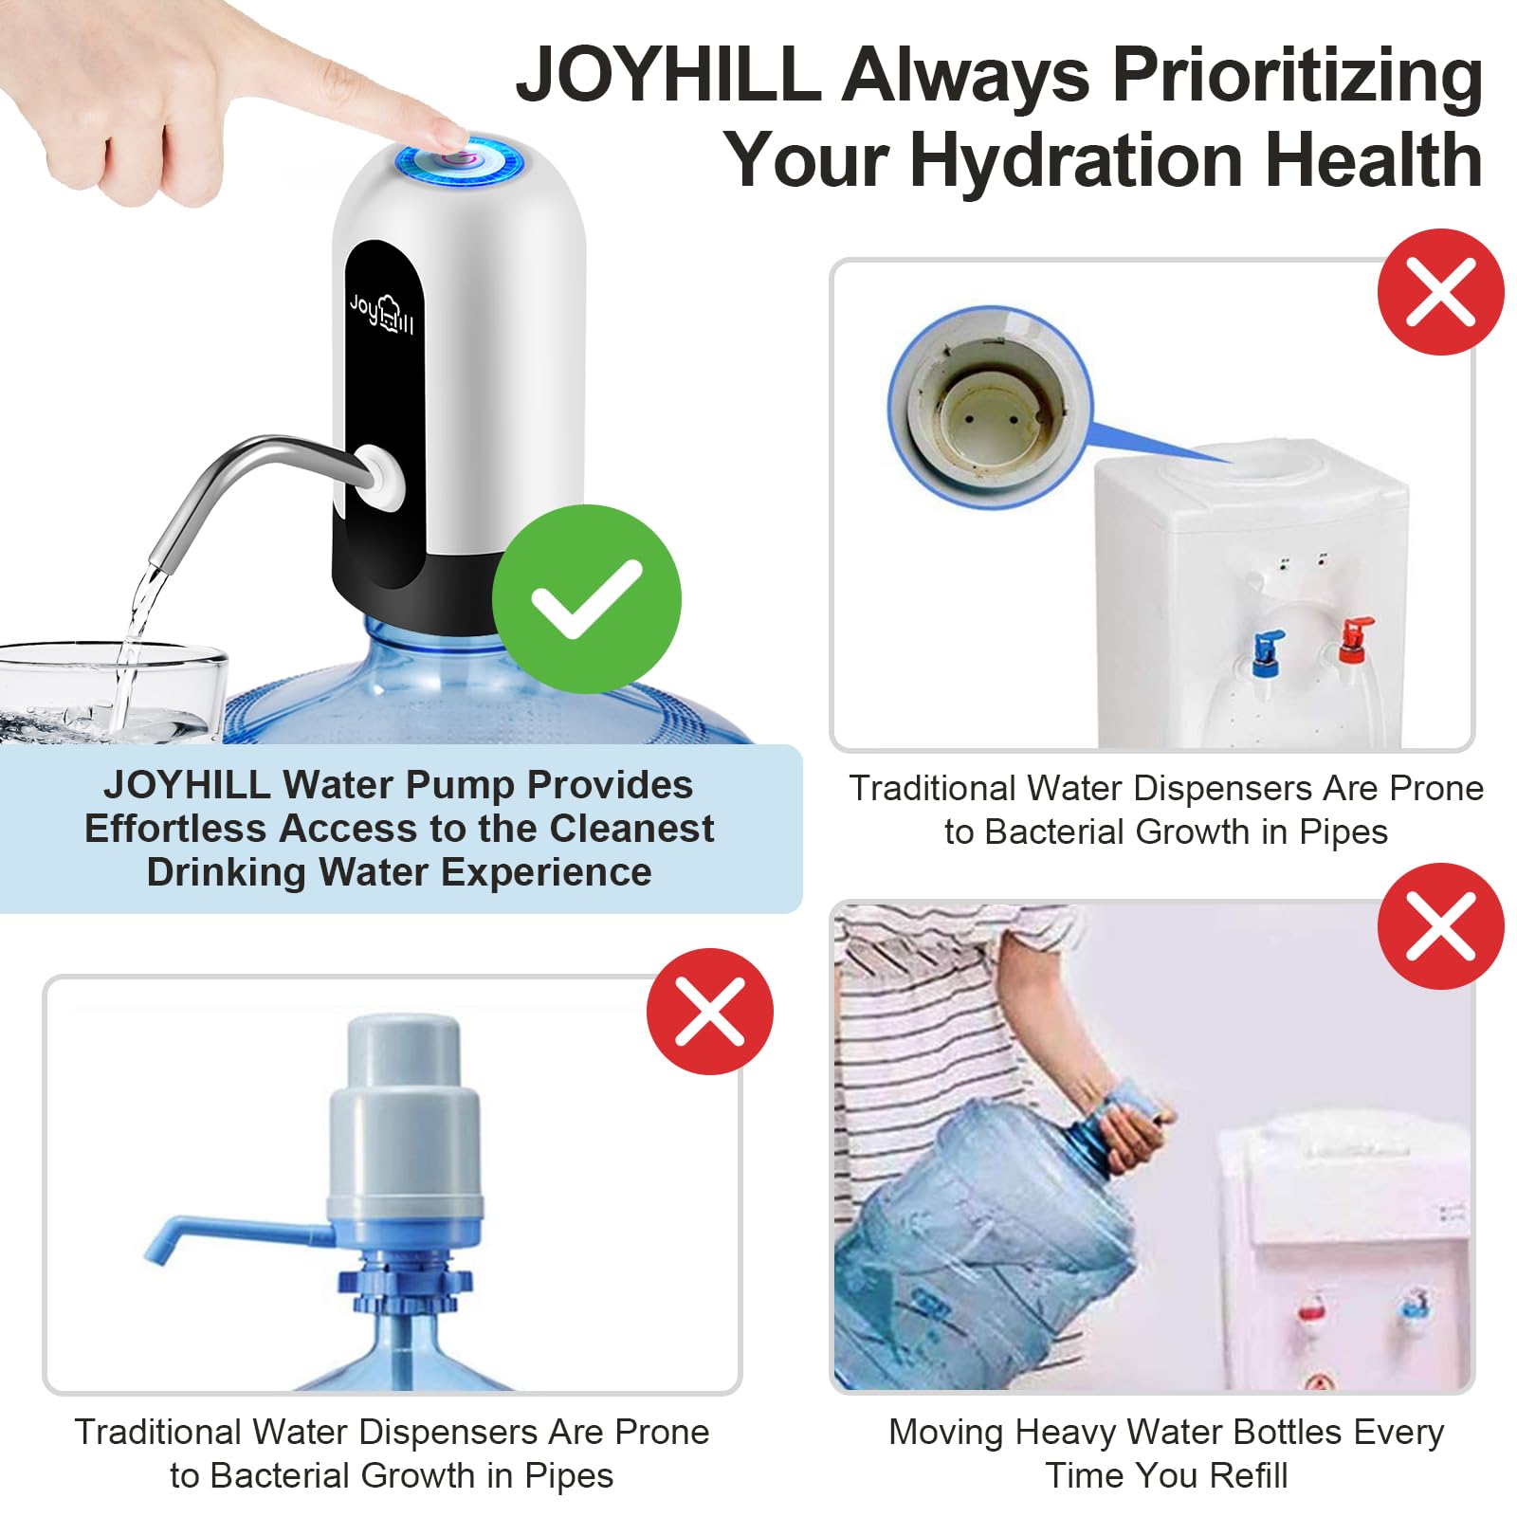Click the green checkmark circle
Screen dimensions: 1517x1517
[x=586, y=599]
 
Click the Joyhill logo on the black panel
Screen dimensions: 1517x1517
[x=381, y=314]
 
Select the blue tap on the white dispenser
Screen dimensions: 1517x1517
[x=1267, y=650]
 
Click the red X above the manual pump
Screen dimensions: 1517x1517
[x=709, y=1011]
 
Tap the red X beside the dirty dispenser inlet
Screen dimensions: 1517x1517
[x=1440, y=292]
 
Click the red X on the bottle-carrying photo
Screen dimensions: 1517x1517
[x=1440, y=926]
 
